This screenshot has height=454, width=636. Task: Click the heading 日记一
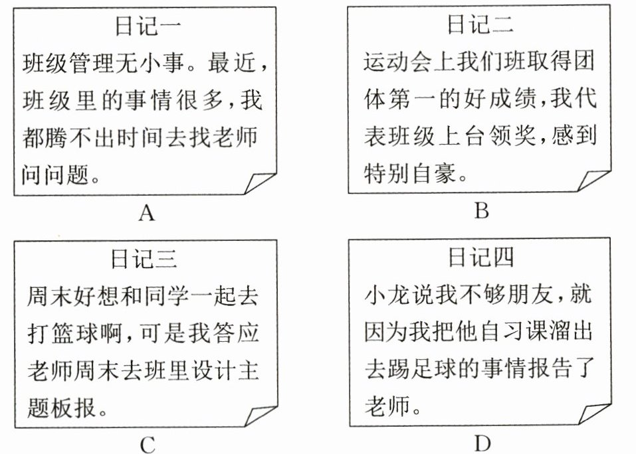148,26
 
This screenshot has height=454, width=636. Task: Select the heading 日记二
480,24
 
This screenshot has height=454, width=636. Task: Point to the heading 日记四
480,257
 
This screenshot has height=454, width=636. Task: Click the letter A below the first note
147,212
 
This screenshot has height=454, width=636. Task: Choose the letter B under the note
482,210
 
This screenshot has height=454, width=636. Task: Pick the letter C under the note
148,445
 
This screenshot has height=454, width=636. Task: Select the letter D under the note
482,443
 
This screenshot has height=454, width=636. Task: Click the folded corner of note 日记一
260,183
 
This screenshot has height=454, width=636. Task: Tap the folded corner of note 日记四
594,414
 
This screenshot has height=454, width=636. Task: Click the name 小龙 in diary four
387,295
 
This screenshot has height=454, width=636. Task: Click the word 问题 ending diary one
66,175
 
